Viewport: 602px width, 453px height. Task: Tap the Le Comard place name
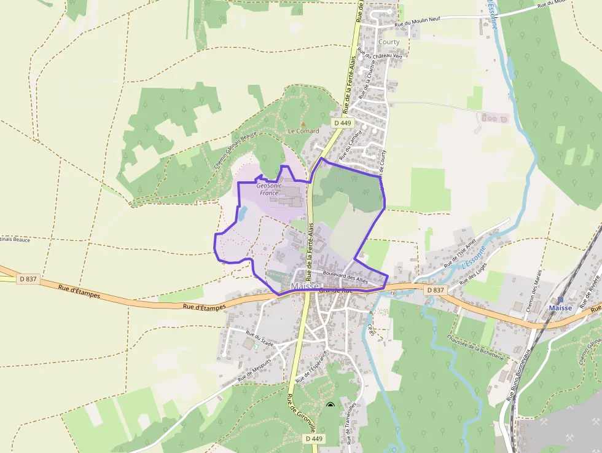[x=303, y=132]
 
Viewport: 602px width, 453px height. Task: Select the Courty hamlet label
[x=389, y=42]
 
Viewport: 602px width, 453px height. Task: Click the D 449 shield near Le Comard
[x=342, y=123]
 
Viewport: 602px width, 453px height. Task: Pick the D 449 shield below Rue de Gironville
[x=313, y=438]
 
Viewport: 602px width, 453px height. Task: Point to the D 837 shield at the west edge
[x=28, y=278]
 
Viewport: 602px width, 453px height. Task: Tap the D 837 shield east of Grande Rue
[x=434, y=290]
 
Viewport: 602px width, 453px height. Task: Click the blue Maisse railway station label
[x=560, y=308]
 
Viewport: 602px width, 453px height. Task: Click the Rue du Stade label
[x=259, y=339]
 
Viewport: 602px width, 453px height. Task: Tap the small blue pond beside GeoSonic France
[x=242, y=214]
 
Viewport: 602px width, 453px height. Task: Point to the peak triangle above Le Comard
[x=303, y=124]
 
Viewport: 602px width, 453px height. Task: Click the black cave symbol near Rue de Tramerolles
[x=330, y=405]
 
